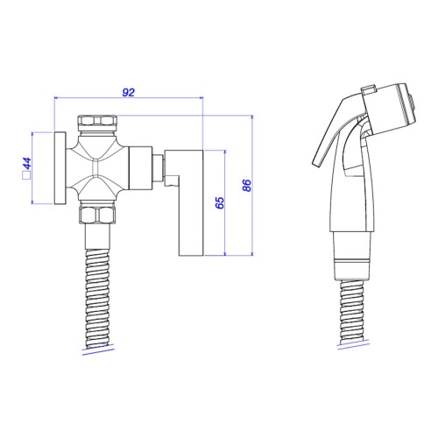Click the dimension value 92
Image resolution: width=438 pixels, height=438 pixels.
(x=129, y=92)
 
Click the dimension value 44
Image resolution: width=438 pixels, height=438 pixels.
(x=27, y=163)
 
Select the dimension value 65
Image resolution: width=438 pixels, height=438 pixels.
(x=220, y=203)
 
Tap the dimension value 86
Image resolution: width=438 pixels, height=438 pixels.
(x=247, y=186)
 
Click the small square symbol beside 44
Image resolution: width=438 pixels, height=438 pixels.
(x=26, y=176)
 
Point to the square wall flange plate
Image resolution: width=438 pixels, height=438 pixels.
(x=60, y=168)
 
